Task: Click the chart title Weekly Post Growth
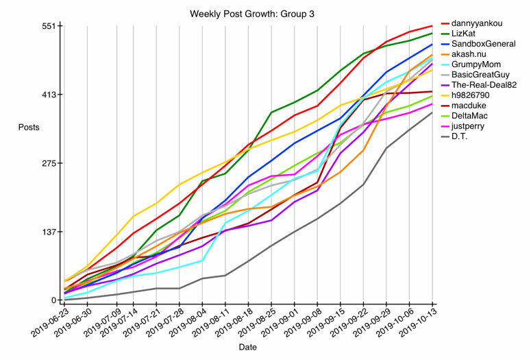(x=247, y=13)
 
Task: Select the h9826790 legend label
(x=476, y=95)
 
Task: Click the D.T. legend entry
(x=466, y=136)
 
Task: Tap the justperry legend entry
(x=473, y=125)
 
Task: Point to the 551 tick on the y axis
(x=51, y=26)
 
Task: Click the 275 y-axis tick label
(x=51, y=163)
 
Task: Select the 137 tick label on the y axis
(x=51, y=232)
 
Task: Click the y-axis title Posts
(x=29, y=128)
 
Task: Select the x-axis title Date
(x=247, y=347)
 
